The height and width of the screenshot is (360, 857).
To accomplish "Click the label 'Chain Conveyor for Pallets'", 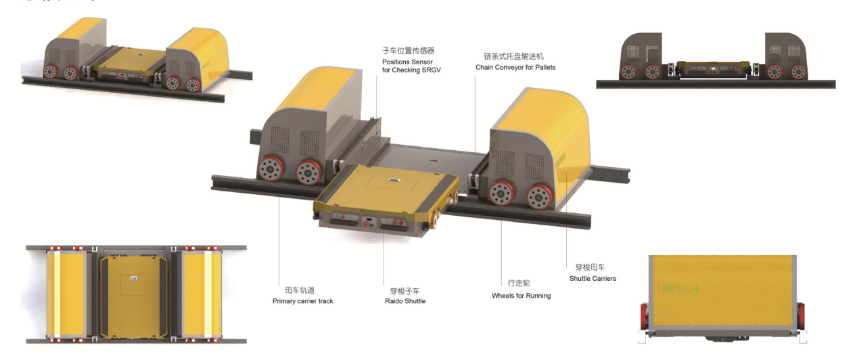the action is (x=515, y=68).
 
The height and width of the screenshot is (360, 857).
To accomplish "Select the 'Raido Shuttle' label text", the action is (x=405, y=301).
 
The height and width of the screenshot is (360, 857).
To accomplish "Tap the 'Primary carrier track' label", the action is (x=302, y=301).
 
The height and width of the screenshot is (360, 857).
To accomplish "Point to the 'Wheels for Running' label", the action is (x=521, y=296).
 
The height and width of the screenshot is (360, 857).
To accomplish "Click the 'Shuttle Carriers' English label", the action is (x=593, y=279).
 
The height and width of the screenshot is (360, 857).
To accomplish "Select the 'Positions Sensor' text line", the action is (x=407, y=62).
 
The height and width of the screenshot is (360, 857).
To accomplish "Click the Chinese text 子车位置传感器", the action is (x=409, y=51).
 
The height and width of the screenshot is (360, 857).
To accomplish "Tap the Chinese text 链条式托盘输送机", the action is (x=513, y=57).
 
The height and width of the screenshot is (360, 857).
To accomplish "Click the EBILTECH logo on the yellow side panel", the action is (x=678, y=288).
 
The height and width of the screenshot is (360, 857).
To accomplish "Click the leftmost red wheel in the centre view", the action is (x=271, y=169).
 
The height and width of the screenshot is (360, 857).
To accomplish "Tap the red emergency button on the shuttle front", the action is (x=365, y=225).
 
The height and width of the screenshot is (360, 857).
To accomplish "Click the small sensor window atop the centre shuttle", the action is (x=393, y=179).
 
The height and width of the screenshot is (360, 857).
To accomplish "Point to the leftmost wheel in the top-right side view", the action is (x=628, y=72).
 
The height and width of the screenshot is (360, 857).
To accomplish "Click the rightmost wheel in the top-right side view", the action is (x=799, y=72).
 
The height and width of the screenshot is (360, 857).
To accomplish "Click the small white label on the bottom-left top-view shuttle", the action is (x=134, y=279).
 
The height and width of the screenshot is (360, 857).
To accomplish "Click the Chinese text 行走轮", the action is (x=519, y=283).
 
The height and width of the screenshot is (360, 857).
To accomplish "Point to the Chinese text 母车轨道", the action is (x=300, y=290).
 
